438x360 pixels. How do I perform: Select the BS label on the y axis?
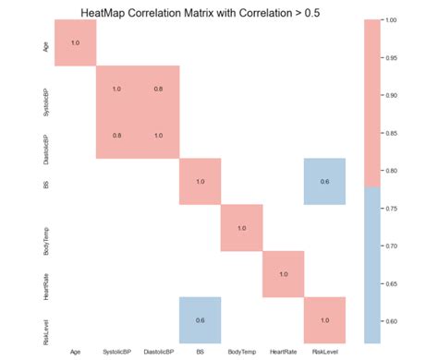(46, 182)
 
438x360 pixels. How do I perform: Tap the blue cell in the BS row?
(325, 182)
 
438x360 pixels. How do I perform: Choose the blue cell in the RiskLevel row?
(201, 320)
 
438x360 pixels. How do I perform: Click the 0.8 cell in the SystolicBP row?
(159, 90)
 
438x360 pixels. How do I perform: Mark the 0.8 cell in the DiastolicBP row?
(116, 136)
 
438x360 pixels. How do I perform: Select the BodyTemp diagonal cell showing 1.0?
(242, 228)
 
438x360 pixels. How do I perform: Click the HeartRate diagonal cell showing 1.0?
(284, 274)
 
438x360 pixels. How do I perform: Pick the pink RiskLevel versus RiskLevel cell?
(325, 320)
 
